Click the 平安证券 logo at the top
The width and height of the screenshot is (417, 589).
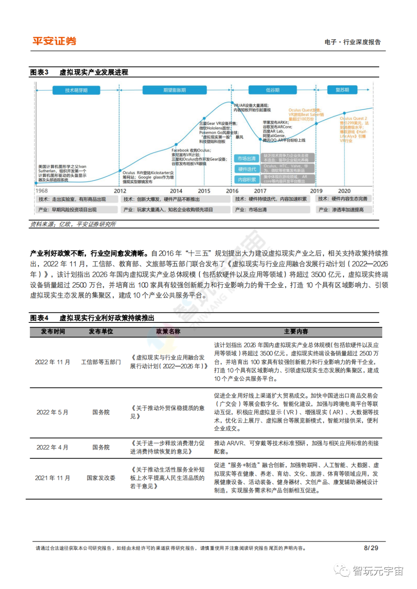54,41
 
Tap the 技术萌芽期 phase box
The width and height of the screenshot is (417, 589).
76,90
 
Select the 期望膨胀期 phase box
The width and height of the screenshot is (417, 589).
175,90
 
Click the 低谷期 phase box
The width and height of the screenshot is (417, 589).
273,90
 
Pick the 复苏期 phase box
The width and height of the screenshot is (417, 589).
342,90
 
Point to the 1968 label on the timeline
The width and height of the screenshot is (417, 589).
42,191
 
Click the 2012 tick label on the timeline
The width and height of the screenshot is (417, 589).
120,191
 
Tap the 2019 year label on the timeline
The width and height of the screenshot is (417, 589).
316,191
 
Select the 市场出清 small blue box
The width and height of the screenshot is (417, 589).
247,159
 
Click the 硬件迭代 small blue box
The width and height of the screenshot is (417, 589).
247,169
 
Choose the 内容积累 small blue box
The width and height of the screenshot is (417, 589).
247,179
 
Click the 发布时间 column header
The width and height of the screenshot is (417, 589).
53,331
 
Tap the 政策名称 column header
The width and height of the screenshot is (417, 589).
168,331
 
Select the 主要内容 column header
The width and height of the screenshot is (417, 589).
296,331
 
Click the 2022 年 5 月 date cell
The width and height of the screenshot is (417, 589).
53,412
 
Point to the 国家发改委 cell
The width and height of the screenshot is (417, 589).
101,478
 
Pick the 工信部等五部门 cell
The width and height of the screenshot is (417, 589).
101,362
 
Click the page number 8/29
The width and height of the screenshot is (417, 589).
371,548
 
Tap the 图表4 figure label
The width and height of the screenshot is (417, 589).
39,318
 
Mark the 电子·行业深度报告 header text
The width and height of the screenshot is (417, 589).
353,42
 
